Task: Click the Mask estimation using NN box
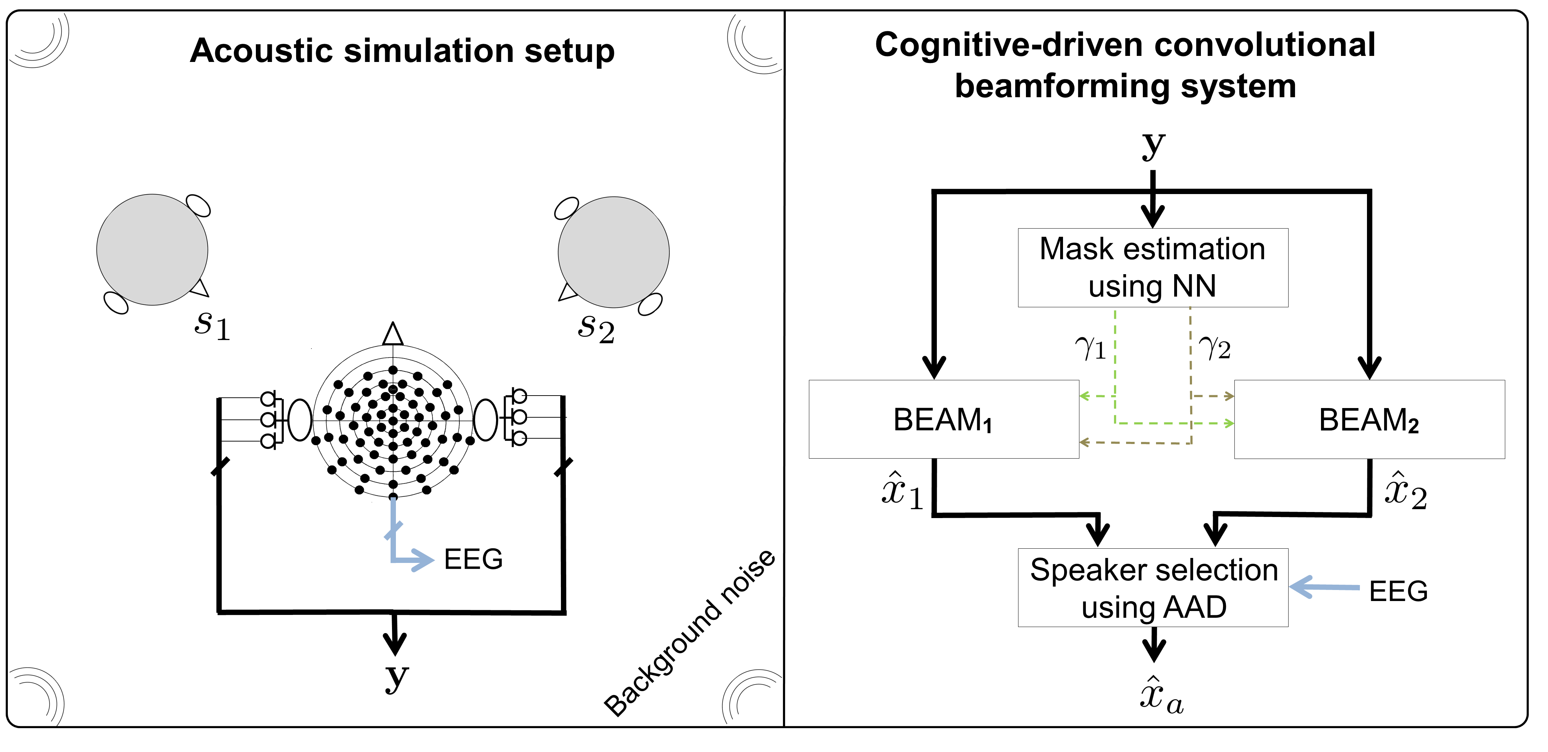tap(1152, 268)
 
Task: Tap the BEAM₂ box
tap(1369, 419)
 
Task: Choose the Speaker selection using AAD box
tap(1152, 587)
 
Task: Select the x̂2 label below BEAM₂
tap(1405, 491)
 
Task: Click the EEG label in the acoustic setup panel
tap(473, 559)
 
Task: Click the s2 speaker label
tap(595, 329)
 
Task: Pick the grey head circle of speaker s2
tap(613, 252)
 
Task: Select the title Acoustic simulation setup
tap(402, 51)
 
